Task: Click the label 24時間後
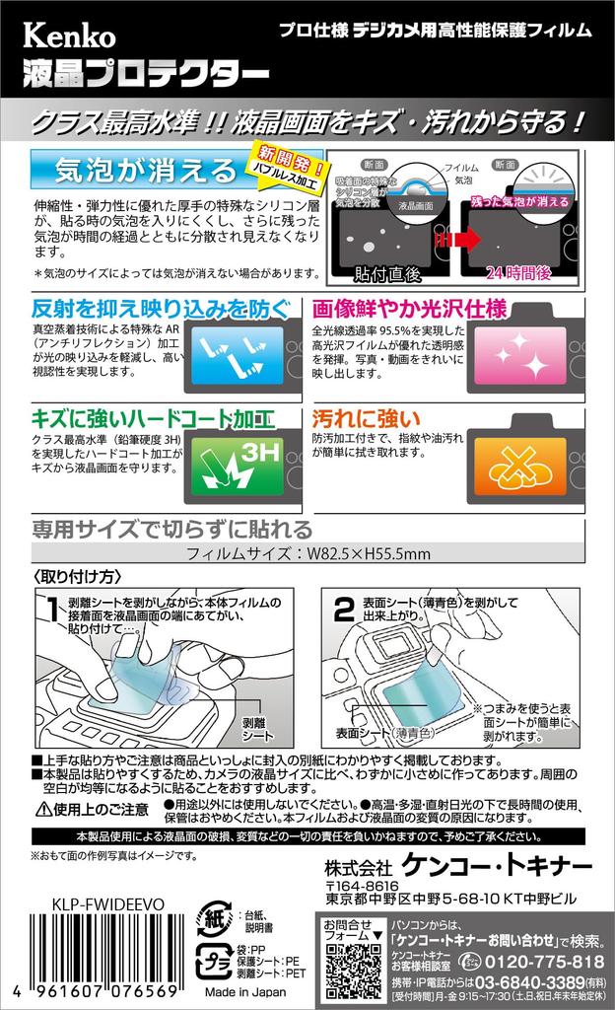[x=522, y=270]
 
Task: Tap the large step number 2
[x=343, y=611]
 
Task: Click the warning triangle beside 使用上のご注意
[x=43, y=810]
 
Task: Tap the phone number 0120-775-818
[x=547, y=962]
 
